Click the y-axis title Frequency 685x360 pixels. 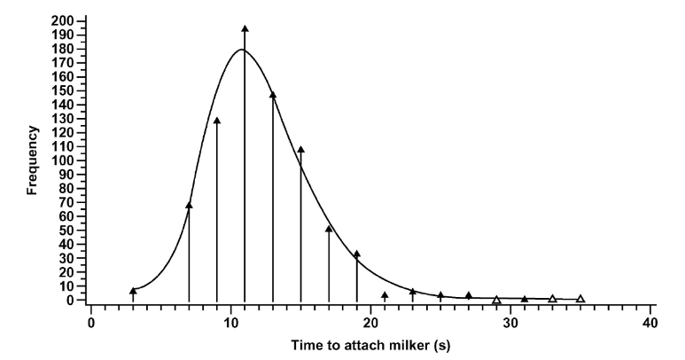[32, 160]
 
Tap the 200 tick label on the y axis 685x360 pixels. [63, 20]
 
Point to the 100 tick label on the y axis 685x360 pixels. [63, 160]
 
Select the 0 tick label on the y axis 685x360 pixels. [69, 300]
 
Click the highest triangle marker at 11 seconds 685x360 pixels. [245, 29]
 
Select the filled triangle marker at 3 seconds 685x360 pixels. [133, 291]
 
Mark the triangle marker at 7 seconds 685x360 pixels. [189, 206]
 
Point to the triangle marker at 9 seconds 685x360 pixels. [217, 121]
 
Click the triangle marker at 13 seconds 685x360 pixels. [273, 95]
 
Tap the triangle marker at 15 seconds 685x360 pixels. [300, 150]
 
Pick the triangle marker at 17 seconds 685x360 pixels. [329, 229]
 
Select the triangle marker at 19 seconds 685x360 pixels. [357, 254]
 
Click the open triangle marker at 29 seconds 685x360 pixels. [496, 300]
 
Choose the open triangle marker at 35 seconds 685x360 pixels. [580, 299]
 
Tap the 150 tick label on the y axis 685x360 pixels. [63, 90]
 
